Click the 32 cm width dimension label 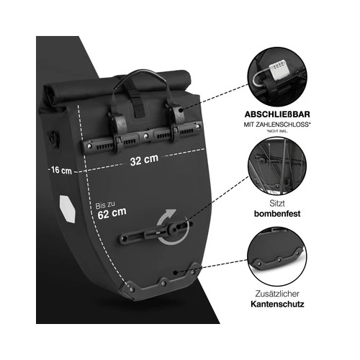point(144,160)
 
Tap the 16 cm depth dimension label point(61,170)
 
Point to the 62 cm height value point(112,213)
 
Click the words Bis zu point(105,205)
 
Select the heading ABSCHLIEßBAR point(277,114)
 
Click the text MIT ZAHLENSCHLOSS point(276,125)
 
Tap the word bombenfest point(277,213)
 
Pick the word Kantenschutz point(277,304)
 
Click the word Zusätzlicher point(277,294)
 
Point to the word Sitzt point(277,203)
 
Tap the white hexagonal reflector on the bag point(68,209)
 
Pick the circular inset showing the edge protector point(277,256)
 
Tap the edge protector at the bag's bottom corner point(161,283)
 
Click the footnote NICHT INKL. point(277,131)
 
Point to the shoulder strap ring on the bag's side point(54,138)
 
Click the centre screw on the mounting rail point(145,136)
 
